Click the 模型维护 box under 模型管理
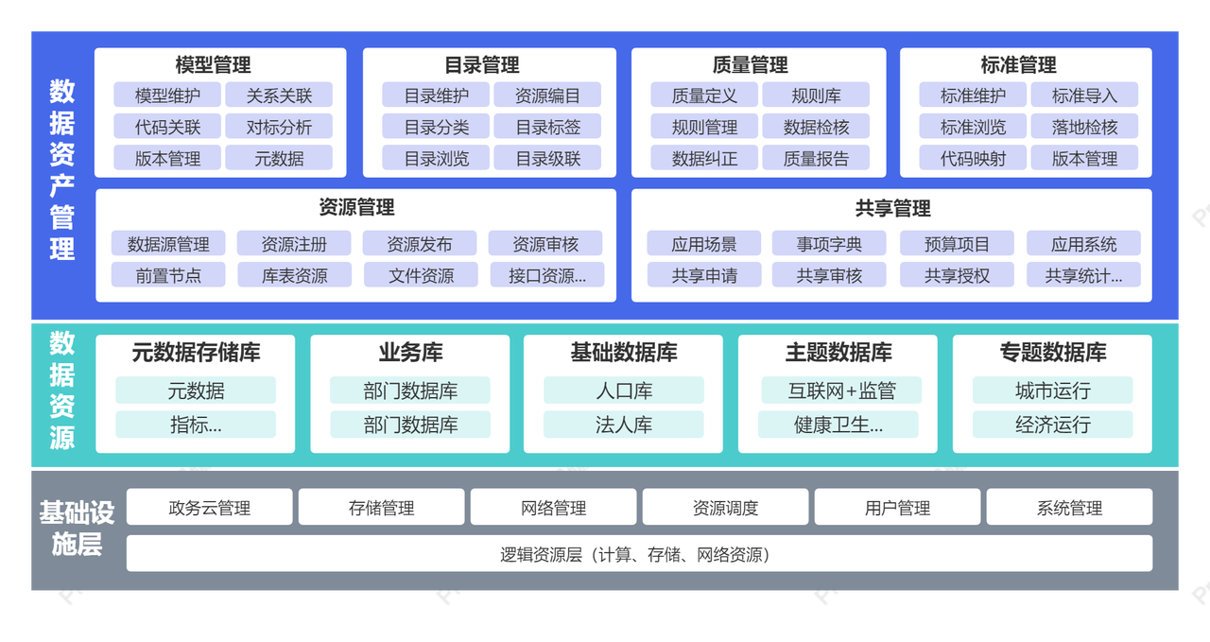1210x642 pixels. (x=167, y=95)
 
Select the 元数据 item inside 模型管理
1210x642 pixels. (x=279, y=158)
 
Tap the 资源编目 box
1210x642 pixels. (x=547, y=95)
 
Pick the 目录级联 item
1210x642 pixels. (x=547, y=158)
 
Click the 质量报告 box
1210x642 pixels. (x=816, y=158)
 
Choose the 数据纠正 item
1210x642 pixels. (x=704, y=158)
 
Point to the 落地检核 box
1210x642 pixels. (x=1084, y=127)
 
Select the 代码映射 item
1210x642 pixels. (x=973, y=158)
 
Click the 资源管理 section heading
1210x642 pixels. (x=356, y=207)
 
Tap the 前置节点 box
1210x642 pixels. (x=168, y=275)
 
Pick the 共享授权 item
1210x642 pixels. (x=957, y=275)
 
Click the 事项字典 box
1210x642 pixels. (x=829, y=244)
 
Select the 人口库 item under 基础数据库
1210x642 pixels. (x=624, y=390)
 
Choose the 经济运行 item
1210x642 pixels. (x=1052, y=425)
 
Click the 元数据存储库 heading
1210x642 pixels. (x=196, y=353)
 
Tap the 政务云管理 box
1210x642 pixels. (x=210, y=508)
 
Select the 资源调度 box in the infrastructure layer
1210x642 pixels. (x=725, y=508)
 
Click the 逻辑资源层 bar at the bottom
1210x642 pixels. (x=639, y=554)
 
